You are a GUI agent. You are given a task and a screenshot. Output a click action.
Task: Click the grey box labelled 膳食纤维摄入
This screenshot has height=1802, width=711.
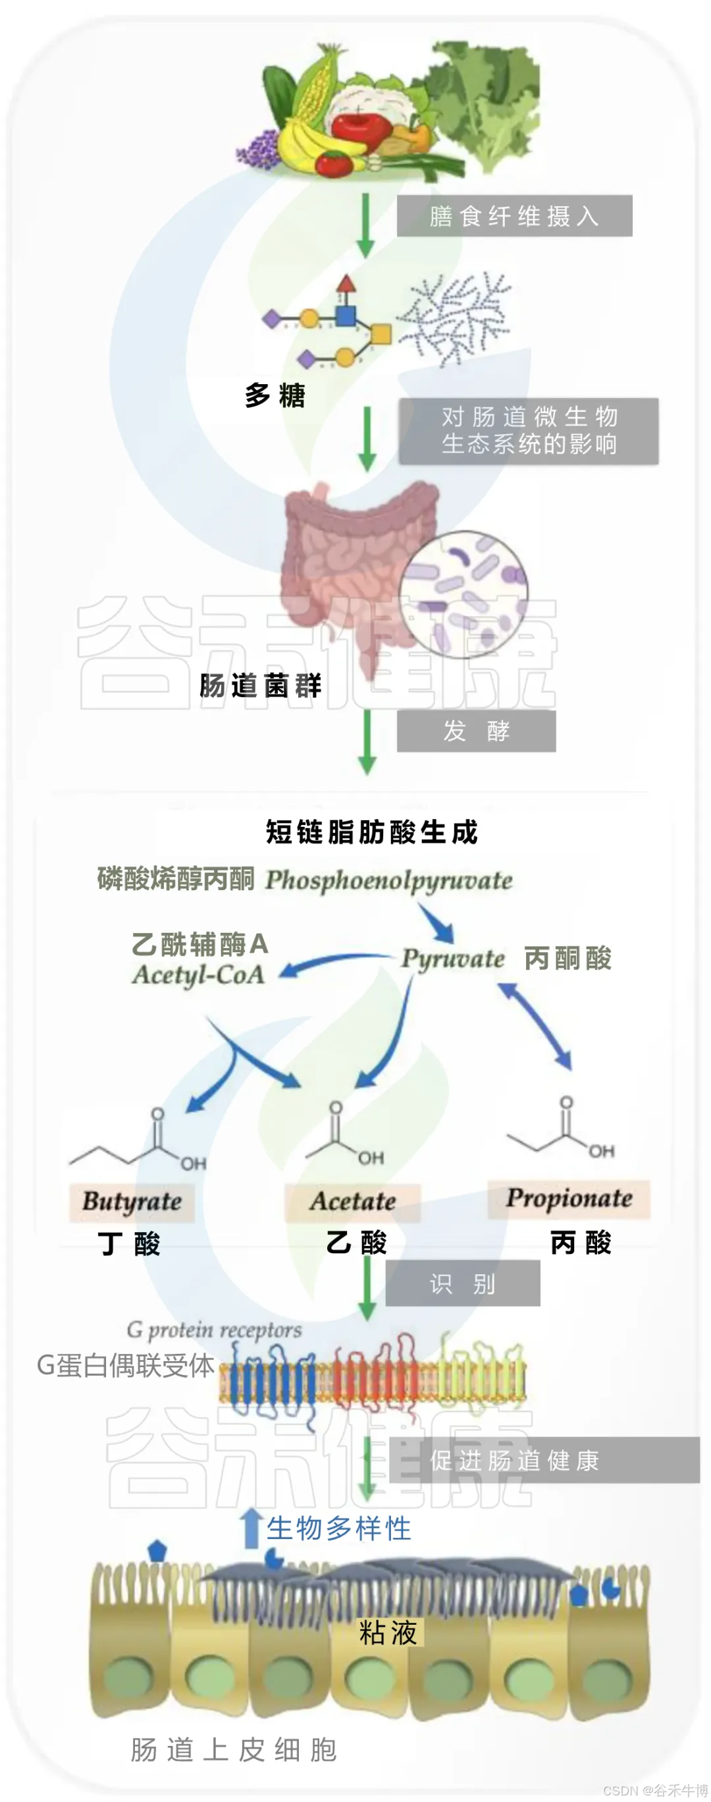514,215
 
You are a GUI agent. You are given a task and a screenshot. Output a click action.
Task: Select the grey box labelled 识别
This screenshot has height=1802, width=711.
462,1283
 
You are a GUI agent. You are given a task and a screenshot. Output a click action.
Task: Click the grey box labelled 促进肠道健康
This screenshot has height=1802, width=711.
543,1460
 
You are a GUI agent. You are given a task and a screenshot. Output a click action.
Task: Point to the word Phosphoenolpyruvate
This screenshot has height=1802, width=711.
388,880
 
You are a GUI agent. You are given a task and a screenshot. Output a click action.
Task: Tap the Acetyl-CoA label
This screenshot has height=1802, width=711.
199,974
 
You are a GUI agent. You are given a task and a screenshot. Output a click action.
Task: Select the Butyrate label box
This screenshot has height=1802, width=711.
132,1201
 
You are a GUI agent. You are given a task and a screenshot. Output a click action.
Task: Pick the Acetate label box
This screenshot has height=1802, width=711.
352,1201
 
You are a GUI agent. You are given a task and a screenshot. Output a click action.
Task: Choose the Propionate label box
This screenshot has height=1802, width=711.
568,1198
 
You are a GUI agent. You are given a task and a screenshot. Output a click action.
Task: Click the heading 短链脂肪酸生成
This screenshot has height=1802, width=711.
371,831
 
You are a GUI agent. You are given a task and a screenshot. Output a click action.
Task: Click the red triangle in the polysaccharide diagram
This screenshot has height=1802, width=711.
346,283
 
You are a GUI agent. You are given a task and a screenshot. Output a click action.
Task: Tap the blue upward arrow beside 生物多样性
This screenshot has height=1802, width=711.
250,1529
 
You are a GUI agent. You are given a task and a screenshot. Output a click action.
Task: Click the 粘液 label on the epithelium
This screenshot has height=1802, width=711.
387,1632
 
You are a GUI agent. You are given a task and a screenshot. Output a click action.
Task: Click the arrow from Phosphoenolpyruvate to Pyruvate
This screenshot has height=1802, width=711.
438,922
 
